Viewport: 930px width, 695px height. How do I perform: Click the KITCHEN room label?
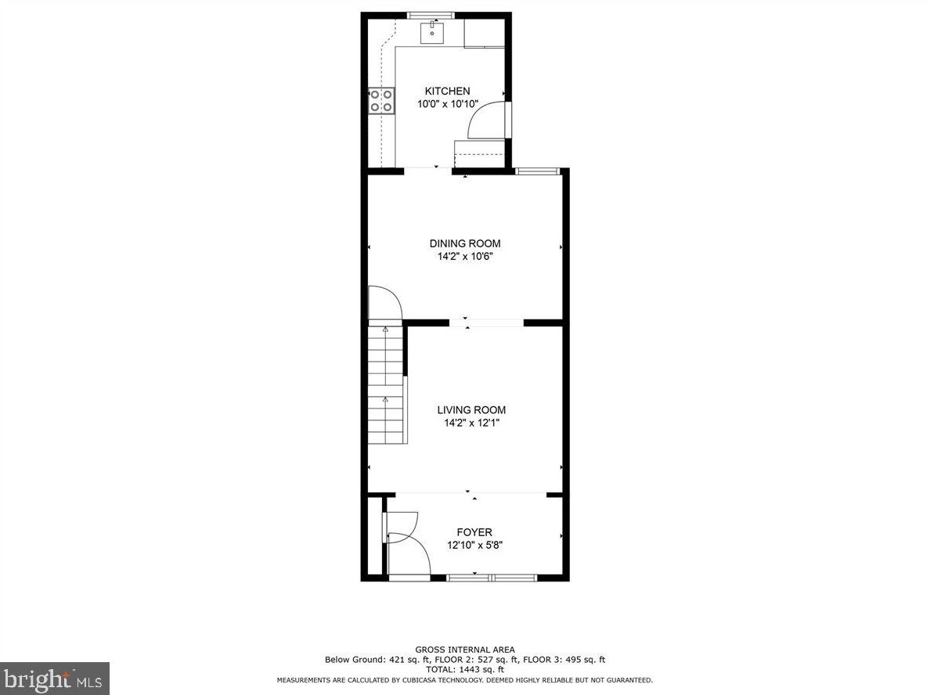pyautogui.click(x=447, y=91)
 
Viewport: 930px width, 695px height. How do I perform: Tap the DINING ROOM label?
pyautogui.click(x=465, y=243)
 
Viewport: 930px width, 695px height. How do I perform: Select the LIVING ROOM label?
pyautogui.click(x=471, y=410)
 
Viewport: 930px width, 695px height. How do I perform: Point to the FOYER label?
pyautogui.click(x=474, y=532)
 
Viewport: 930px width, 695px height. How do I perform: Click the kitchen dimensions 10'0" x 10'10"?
pyautogui.click(x=448, y=104)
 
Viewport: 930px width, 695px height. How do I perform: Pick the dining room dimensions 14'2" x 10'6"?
pyautogui.click(x=466, y=257)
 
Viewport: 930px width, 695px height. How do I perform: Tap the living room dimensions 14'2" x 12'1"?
pyautogui.click(x=471, y=423)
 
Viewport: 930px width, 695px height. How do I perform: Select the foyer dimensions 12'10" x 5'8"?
pyautogui.click(x=474, y=546)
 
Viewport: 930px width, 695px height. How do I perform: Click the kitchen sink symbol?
pyautogui.click(x=432, y=33)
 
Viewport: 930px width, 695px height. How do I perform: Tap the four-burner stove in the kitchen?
pyautogui.click(x=381, y=101)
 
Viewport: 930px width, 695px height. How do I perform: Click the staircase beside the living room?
pyautogui.click(x=387, y=384)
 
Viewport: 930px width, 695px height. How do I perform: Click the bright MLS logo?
pyautogui.click(x=55, y=679)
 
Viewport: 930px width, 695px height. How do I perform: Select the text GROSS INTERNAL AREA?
pyautogui.click(x=465, y=650)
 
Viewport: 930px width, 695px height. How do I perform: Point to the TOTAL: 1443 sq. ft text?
pyautogui.click(x=465, y=669)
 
